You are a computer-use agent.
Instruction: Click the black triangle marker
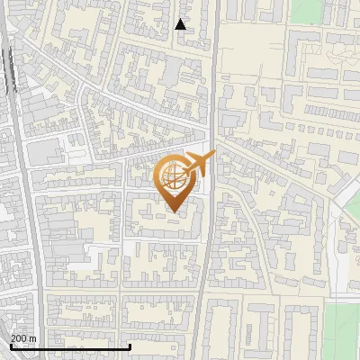(x=181, y=25)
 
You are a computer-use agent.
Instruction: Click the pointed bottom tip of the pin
(x=174, y=211)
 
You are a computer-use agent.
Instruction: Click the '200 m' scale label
(x=23, y=338)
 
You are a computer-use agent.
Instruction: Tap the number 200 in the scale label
(x=19, y=338)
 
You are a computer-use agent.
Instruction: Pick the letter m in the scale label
(x=32, y=338)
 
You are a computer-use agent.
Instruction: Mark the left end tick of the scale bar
(x=11, y=345)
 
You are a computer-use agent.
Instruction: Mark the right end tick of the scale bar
(x=130, y=345)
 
